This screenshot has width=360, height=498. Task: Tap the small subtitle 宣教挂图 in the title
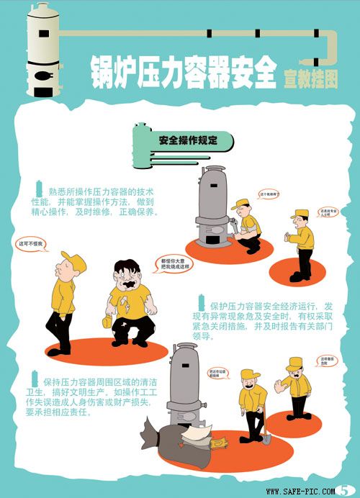pos(310,78)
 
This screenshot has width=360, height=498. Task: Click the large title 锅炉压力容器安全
pos(184,72)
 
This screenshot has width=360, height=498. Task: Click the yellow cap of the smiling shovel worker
pos(248,373)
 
